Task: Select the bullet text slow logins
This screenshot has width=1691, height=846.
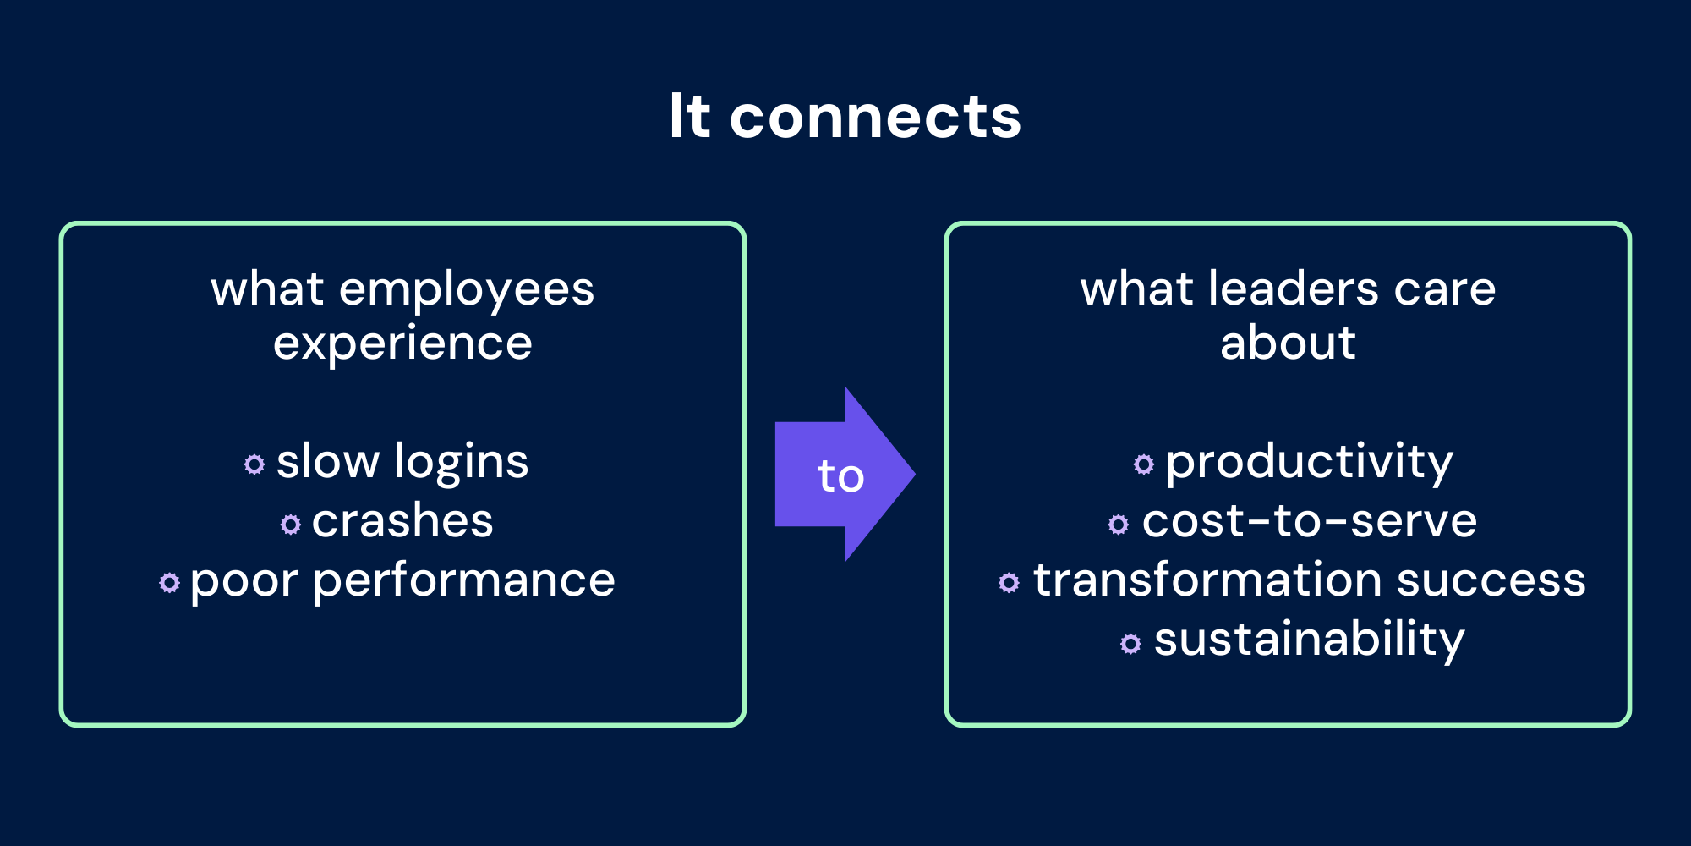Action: [x=402, y=462]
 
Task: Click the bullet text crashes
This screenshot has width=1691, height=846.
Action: [x=402, y=521]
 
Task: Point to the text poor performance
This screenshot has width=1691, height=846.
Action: [x=402, y=581]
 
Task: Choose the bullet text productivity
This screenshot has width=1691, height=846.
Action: [x=1309, y=462]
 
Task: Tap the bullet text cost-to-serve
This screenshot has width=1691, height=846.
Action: [x=1309, y=521]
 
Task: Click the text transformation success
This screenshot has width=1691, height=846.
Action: [x=1309, y=580]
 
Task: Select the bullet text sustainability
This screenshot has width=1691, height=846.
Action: [x=1309, y=640]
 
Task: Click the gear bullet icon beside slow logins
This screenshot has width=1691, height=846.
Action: [x=254, y=464]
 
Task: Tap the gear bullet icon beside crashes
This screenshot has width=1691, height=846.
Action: [x=291, y=525]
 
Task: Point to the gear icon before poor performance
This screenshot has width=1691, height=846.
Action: [x=170, y=583]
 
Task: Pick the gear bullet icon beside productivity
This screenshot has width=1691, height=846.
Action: [x=1144, y=464]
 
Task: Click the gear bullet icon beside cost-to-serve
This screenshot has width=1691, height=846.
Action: [x=1119, y=525]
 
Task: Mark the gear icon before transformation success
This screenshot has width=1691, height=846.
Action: [x=1009, y=583]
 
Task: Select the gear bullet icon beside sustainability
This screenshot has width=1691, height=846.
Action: [x=1130, y=644]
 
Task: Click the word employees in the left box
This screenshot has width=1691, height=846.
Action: [x=467, y=290]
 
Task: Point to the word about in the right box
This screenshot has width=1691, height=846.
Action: [x=1288, y=343]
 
